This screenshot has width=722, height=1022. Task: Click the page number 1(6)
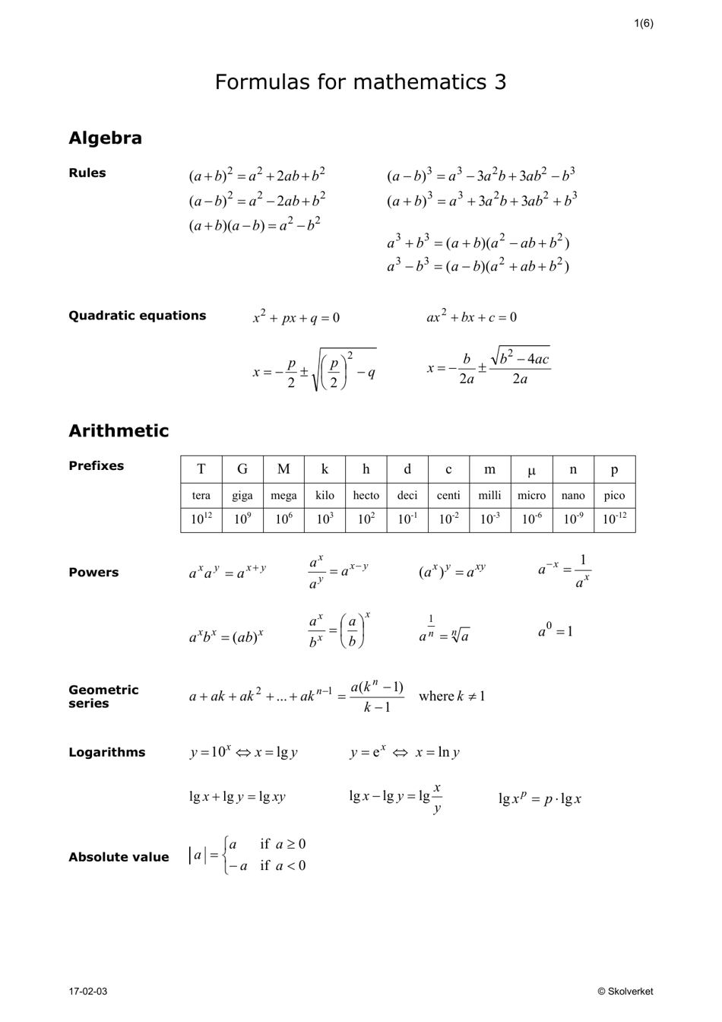point(643,23)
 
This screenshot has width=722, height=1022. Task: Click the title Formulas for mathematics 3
point(360,82)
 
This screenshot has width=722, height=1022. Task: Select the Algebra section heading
point(105,138)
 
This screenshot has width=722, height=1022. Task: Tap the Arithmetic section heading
point(119,430)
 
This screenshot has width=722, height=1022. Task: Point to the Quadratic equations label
point(137,316)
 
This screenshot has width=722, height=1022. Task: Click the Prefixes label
point(96,465)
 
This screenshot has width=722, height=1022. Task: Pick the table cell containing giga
point(242,495)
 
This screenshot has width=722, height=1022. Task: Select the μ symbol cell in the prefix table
point(531,470)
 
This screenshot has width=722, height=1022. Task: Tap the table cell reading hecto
point(366,495)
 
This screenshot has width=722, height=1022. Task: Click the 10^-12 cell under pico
point(614,520)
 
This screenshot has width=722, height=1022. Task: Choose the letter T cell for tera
point(201,470)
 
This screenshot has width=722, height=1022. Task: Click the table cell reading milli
point(489,495)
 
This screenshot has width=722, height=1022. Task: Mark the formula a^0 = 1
point(555,630)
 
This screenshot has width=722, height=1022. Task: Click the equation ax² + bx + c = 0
point(471,316)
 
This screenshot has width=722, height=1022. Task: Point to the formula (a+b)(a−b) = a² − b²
point(255,225)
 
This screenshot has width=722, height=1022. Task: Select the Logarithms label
point(106,752)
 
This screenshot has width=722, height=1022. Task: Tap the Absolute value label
point(119,857)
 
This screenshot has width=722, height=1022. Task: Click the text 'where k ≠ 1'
point(451,696)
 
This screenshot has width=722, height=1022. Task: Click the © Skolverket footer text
point(625,992)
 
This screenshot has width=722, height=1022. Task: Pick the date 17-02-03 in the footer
point(88,992)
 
